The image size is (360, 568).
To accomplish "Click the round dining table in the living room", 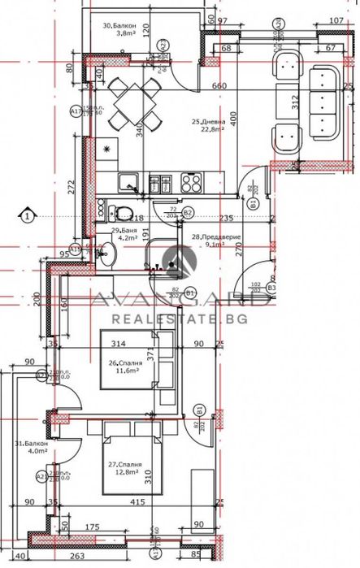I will coord(128,103).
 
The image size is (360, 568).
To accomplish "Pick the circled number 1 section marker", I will coord(28,216).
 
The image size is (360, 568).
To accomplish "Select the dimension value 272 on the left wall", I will coord(71,187).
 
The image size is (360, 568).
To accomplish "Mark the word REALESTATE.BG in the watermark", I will coord(180,320).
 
